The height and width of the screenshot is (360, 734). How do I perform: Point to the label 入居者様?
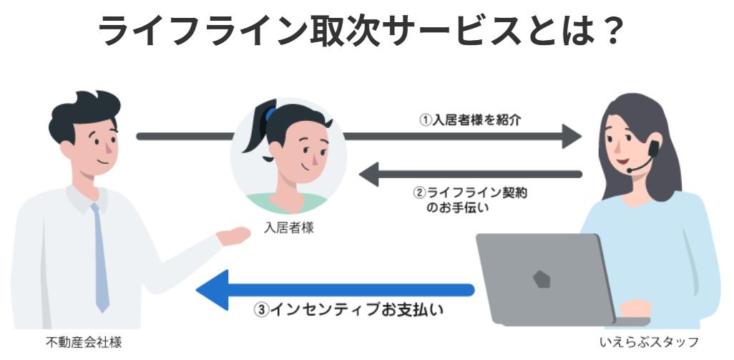(x=289, y=228)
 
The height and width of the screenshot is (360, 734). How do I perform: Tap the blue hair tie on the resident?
(x=270, y=114)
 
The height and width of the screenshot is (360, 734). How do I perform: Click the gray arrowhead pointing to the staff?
(x=572, y=135)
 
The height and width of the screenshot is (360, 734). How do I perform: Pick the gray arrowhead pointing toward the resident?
(x=369, y=174)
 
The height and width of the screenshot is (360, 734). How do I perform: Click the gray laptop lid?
(x=544, y=276)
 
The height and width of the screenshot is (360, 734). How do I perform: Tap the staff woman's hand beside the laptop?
(x=635, y=308)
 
